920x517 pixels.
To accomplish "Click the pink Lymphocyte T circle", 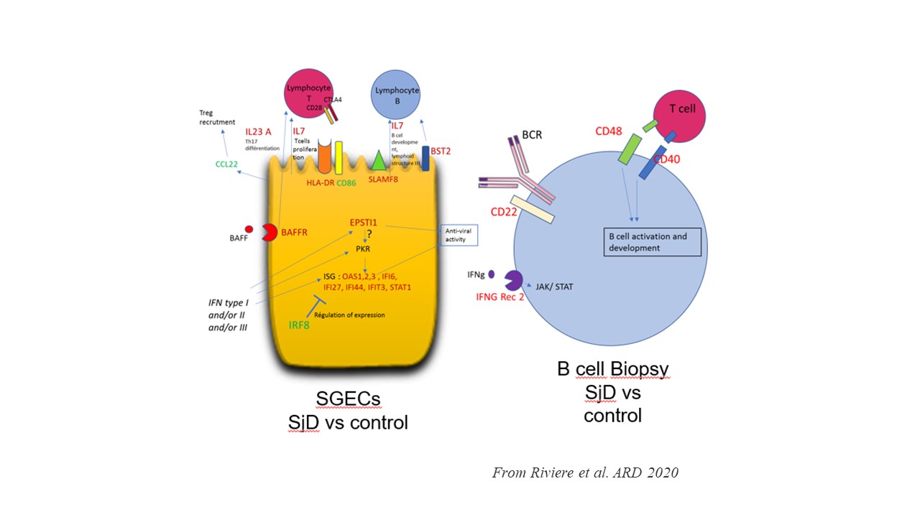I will click(308, 91).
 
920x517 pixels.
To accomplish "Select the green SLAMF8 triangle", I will click(379, 161).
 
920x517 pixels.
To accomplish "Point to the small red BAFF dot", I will click(249, 229).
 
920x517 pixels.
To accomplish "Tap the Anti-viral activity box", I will click(458, 235).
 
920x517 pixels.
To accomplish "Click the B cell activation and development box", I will click(651, 241).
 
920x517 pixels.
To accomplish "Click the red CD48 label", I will click(609, 131).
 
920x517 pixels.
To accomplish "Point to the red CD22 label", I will click(505, 212).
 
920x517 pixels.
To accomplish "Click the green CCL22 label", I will click(227, 164).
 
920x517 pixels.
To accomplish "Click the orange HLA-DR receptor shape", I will click(323, 157).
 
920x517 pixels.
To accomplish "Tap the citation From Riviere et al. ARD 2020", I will click(585, 472).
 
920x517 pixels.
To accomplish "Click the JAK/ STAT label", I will click(554, 287).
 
